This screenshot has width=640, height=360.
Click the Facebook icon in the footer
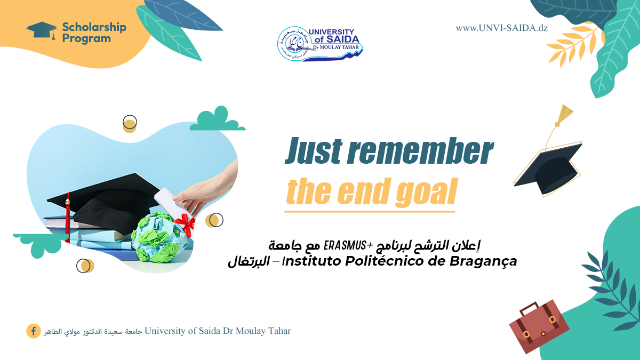(x=33, y=331)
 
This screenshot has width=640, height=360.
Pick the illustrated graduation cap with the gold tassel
(x=549, y=165)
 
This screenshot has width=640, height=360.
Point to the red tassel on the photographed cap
(x=67, y=221)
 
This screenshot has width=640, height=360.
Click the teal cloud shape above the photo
(x=217, y=119)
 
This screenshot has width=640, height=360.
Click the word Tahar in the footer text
(x=278, y=331)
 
